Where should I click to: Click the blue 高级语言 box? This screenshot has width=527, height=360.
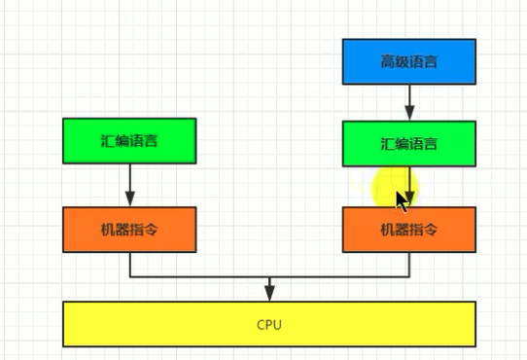click(408, 61)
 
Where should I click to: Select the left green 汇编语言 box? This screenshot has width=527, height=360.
click(129, 140)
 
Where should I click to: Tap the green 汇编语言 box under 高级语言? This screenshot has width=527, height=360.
click(408, 144)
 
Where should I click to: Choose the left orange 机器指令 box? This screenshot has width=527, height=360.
click(129, 230)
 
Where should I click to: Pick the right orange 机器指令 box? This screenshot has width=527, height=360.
click(408, 230)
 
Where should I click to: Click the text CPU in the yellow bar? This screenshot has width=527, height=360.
click(269, 324)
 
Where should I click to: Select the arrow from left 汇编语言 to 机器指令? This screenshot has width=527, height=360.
click(129, 184)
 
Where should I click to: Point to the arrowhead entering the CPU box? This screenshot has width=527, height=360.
click(269, 294)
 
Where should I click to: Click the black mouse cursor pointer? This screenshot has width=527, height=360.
click(402, 199)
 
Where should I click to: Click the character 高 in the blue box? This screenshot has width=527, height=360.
click(387, 62)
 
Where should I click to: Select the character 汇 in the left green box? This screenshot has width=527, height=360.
click(107, 141)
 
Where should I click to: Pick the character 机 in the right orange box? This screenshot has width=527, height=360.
click(387, 231)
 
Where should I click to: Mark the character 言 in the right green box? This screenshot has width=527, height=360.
click(431, 145)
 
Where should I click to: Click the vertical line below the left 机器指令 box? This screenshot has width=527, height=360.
click(129, 264)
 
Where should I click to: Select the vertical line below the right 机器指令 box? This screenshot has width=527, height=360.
click(409, 264)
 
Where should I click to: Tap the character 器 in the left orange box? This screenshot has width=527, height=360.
click(122, 230)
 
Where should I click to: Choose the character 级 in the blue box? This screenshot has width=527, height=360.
click(402, 62)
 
